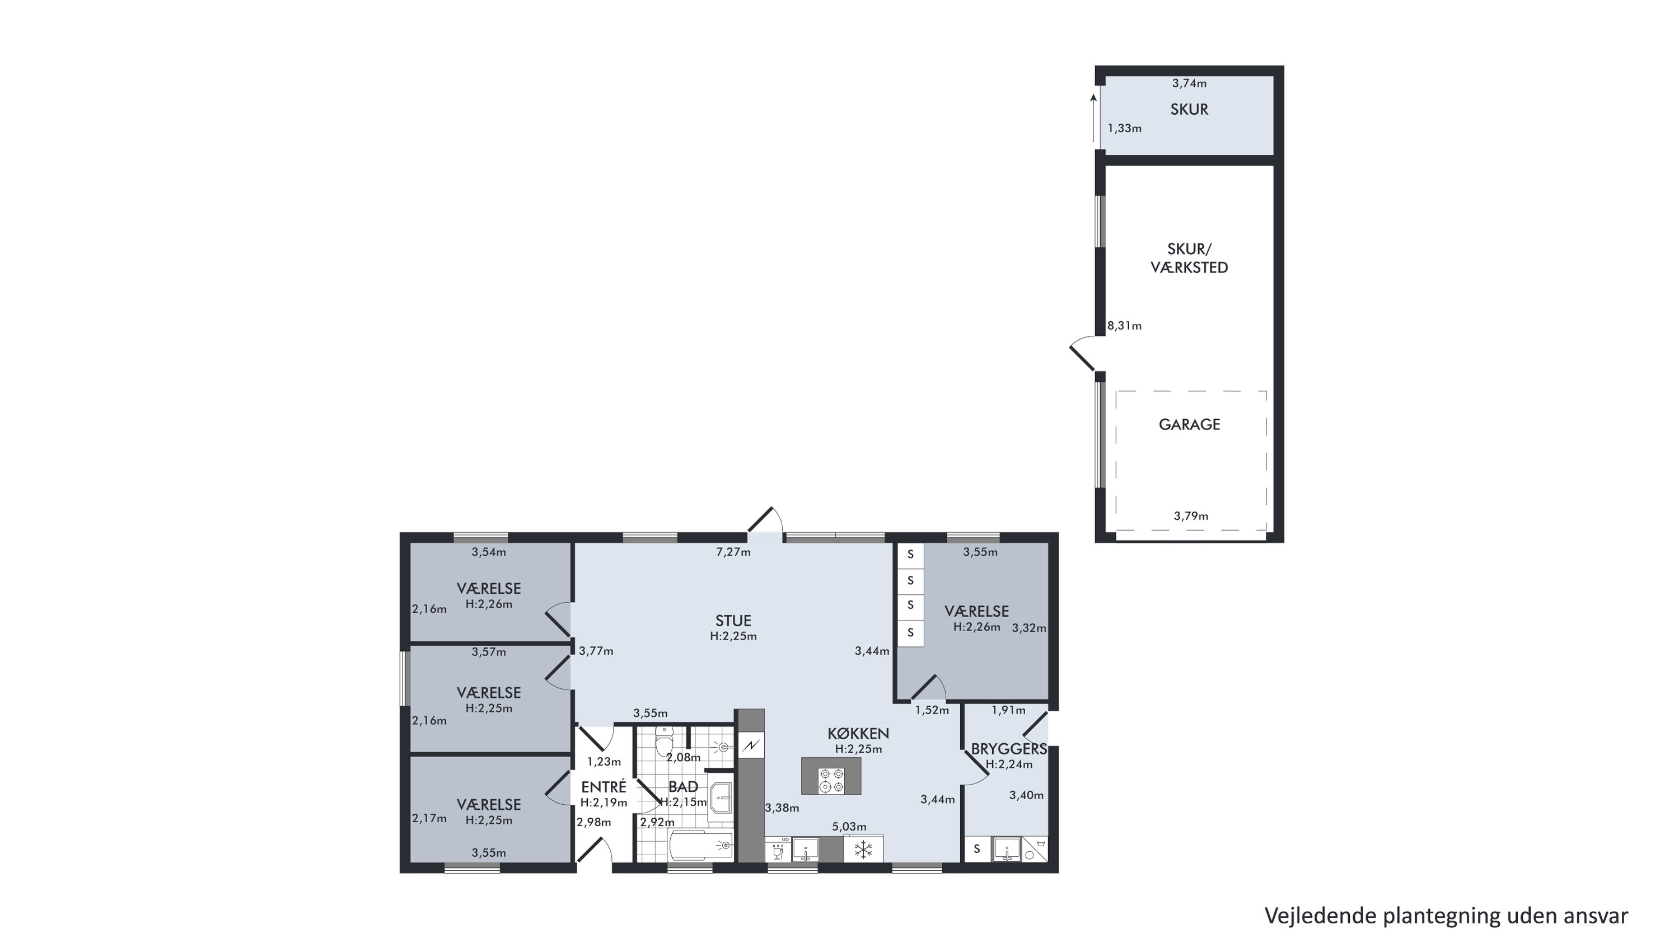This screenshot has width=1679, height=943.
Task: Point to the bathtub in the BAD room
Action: tap(701, 846)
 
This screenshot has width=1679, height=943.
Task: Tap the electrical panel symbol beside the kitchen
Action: tap(751, 745)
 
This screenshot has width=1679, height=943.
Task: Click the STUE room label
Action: tap(733, 621)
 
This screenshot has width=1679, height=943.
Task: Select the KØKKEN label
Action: tap(858, 733)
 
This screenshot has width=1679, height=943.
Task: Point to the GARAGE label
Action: tap(1190, 424)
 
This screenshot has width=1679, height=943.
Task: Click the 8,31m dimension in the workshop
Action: tap(1124, 326)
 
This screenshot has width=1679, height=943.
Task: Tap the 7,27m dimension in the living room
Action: tap(733, 552)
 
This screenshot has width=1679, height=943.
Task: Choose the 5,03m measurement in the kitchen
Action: tap(849, 827)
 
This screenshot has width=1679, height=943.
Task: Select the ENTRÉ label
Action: tap(604, 787)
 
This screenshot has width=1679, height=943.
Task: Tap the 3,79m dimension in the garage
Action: tap(1191, 516)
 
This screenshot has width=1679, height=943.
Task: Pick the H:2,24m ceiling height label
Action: tap(1009, 764)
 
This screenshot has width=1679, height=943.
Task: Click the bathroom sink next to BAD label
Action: tap(721, 797)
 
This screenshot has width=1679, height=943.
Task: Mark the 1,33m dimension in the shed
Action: tap(1124, 128)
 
